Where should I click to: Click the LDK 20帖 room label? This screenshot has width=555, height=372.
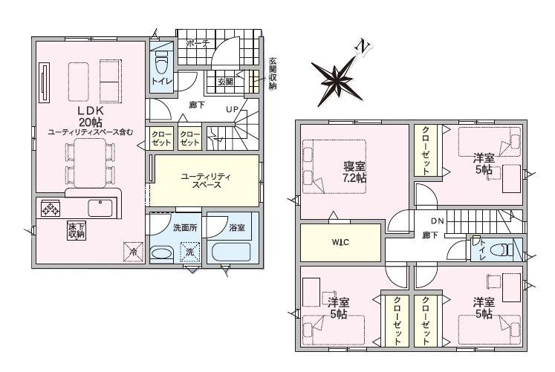coord(90,117)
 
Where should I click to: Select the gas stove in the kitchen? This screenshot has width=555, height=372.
coord(51,209)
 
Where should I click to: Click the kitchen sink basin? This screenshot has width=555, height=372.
coord(100,208)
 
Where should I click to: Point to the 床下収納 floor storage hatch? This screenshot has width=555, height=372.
coord(77,230)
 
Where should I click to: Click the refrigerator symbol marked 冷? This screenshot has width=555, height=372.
coord(134,252)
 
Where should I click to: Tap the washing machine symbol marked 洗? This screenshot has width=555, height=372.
coord(190,252)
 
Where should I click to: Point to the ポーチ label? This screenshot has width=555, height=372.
coord(198,44)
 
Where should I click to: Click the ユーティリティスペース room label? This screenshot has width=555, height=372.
coord(206,180)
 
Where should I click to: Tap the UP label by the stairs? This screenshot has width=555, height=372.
coord(233,110)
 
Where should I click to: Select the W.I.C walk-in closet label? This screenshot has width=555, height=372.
coord(340,242)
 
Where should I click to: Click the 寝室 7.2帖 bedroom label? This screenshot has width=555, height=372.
coord(354,172)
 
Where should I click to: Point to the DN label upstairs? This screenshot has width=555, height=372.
coord(438,221)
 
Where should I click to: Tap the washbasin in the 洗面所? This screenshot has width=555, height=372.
coord(162,254)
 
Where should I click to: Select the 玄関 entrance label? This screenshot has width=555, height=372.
coord(225,82)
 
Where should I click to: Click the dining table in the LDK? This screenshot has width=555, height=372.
coord(90,163)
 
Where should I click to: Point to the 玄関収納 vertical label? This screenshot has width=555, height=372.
coord(273,74)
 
